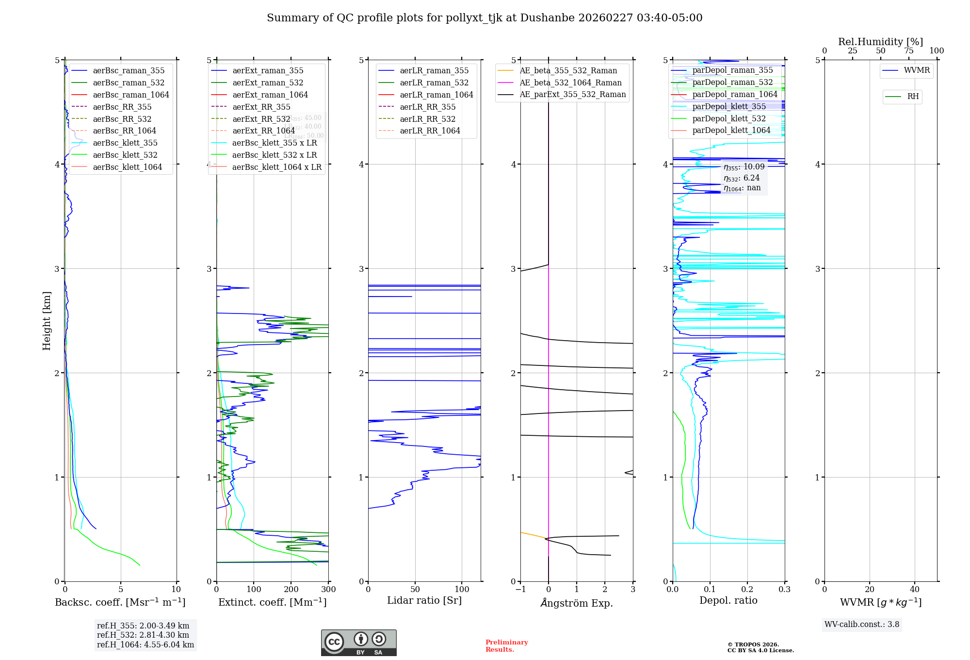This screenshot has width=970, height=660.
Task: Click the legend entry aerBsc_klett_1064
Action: click(x=127, y=167)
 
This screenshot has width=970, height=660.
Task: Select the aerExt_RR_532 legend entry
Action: click(x=261, y=119)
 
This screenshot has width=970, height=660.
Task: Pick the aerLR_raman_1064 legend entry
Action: click(x=436, y=95)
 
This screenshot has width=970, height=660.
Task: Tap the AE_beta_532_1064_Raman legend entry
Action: click(x=570, y=82)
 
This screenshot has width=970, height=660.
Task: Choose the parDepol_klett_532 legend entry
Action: click(x=728, y=118)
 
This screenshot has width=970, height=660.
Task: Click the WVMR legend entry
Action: click(x=916, y=70)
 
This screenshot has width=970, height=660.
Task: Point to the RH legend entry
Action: click(x=912, y=97)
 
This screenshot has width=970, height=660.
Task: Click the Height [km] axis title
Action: click(x=47, y=320)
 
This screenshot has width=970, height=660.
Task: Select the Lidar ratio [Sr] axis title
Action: click(x=424, y=600)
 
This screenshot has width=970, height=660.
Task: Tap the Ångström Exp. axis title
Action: click(x=576, y=603)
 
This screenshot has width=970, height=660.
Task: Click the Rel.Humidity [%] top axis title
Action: click(x=880, y=42)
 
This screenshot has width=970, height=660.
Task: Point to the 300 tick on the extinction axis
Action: click(x=328, y=590)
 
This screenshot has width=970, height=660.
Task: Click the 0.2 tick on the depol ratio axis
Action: click(x=747, y=590)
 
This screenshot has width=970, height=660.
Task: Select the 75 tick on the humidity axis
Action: click(x=908, y=51)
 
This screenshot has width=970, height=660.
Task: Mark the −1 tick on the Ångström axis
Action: click(x=520, y=590)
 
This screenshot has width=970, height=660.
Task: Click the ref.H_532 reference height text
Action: click(x=143, y=635)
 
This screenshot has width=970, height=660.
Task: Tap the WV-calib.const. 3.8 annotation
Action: click(x=861, y=625)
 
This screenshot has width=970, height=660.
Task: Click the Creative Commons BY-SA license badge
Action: click(x=358, y=643)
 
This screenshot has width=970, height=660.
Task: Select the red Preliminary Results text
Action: click(x=506, y=646)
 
